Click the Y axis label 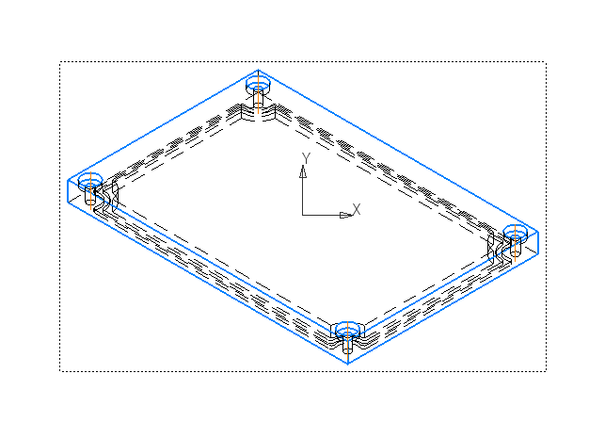(x=305, y=157)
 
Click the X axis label (x=357, y=208)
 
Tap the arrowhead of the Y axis (x=303, y=171)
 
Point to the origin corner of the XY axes (x=303, y=215)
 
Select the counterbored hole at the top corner (x=257, y=86)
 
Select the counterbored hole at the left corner (x=90, y=182)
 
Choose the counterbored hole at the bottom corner (x=347, y=329)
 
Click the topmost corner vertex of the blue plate (x=257, y=70)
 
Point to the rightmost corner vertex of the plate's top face (x=537, y=229)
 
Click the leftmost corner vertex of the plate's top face (x=69, y=180)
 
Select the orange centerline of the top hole (x=257, y=98)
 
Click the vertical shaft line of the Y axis (x=303, y=193)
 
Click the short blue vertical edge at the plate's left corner (x=69, y=191)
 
